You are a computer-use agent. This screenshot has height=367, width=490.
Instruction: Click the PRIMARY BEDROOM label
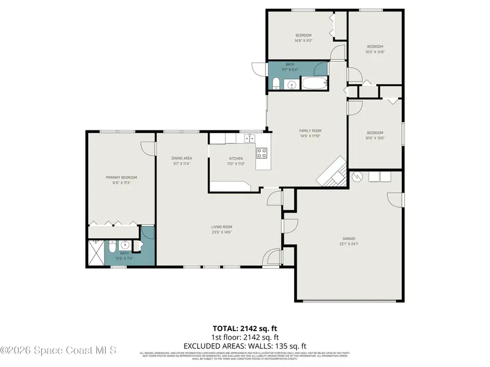coord(121,177)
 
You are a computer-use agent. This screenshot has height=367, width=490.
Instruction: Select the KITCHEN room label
coord(236,158)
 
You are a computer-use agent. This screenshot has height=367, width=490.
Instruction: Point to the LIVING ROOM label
coord(222,227)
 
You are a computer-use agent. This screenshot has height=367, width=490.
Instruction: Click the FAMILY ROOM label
coord(310,130)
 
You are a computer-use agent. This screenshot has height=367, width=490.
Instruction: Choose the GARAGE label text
coord(349,238)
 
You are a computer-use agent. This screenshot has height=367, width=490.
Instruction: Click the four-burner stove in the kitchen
coord(262,153)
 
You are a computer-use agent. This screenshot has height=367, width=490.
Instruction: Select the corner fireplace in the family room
coord(332,172)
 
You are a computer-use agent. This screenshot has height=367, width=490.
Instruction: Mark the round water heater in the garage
coord(357,176)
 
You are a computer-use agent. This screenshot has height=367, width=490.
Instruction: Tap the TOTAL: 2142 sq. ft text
coord(244,328)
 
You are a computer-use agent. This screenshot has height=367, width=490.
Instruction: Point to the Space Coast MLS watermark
coord(59,351)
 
